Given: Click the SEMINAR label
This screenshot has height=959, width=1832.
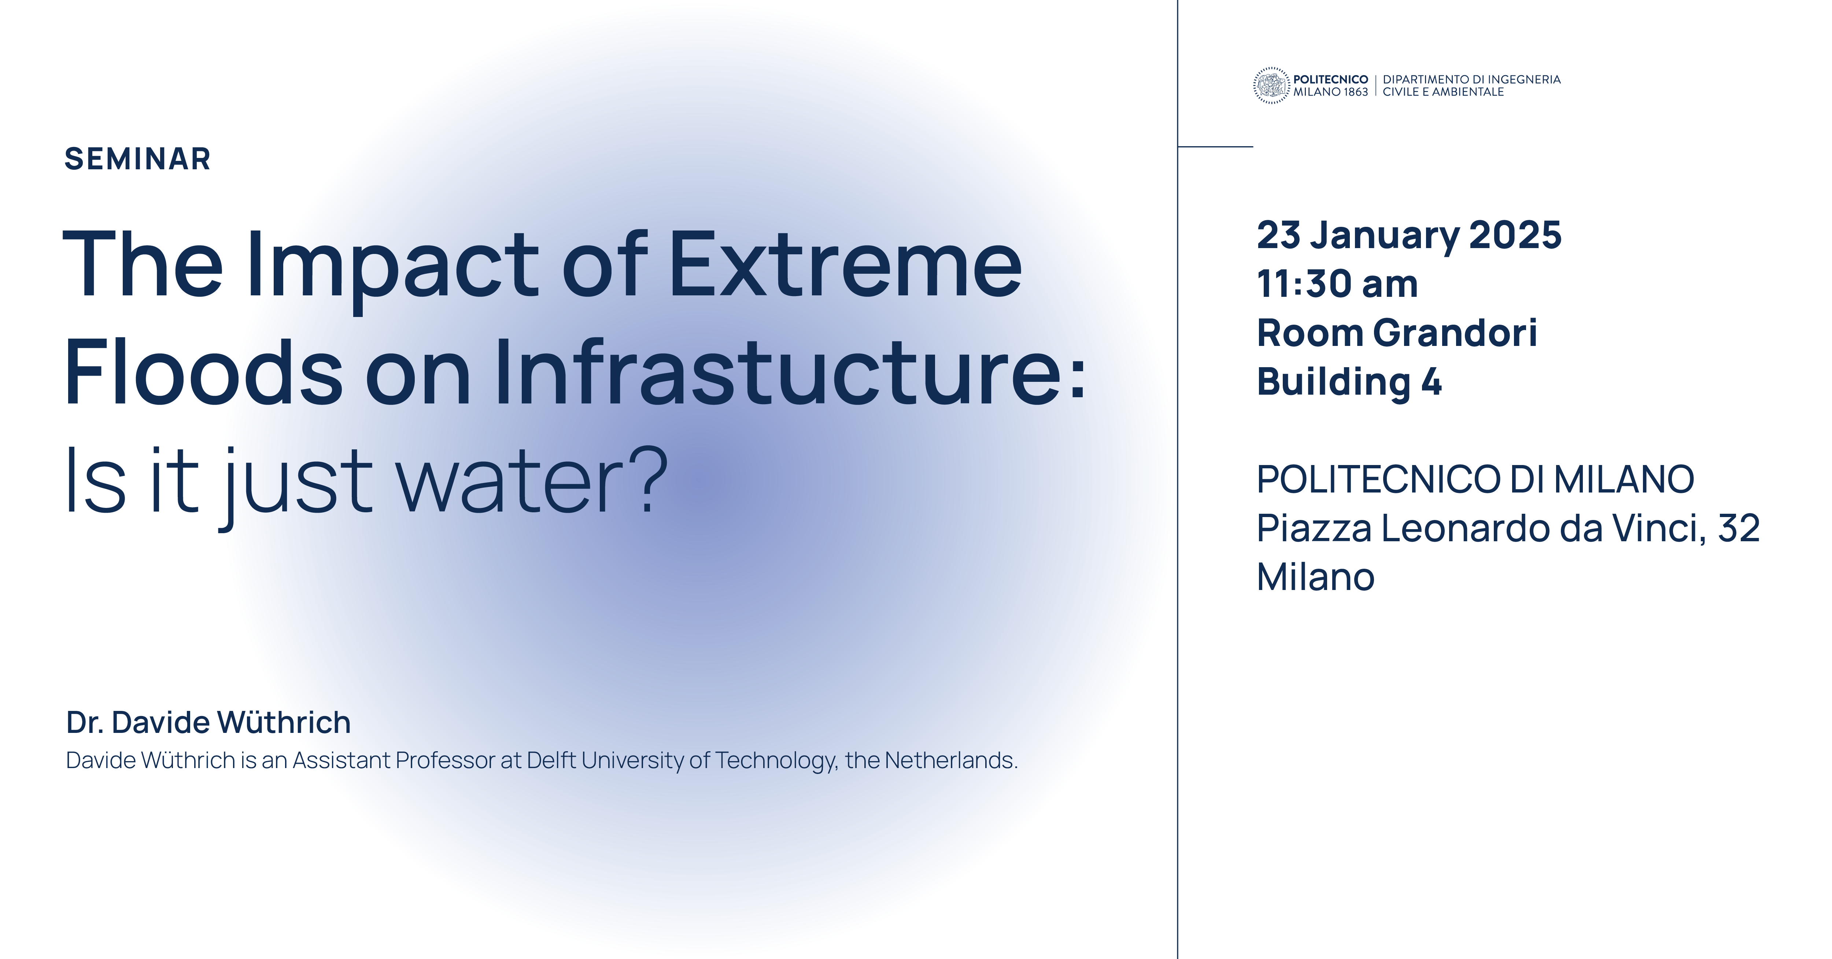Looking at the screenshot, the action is click(137, 159).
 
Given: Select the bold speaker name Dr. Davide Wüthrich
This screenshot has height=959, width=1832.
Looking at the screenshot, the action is click(208, 722).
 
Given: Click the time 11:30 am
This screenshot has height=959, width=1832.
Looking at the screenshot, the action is click(1337, 284).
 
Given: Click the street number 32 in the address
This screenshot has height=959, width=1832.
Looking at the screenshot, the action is click(1739, 528).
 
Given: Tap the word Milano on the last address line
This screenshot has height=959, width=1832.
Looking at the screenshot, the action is click(1316, 577).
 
